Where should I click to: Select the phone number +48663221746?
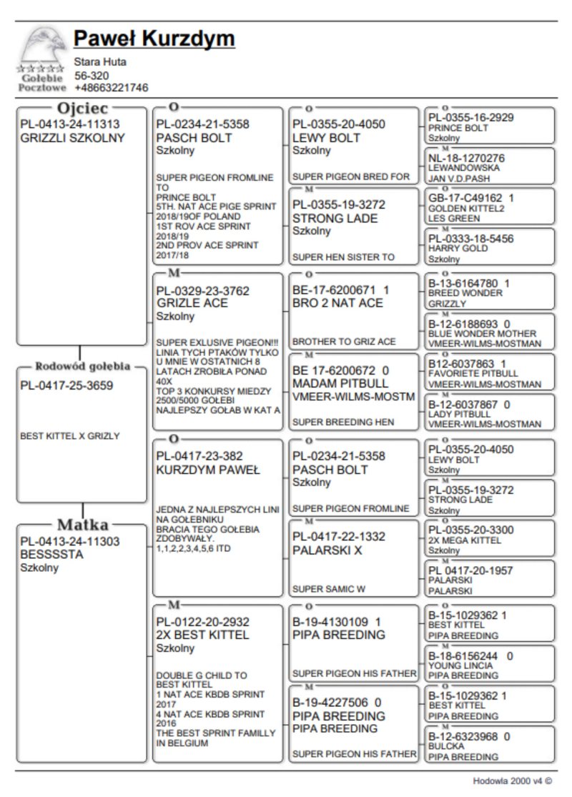(x=112, y=88)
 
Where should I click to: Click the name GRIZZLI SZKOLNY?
(x=72, y=138)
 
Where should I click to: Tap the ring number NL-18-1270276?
(x=466, y=157)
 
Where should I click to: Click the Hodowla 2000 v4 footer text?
(x=513, y=781)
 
